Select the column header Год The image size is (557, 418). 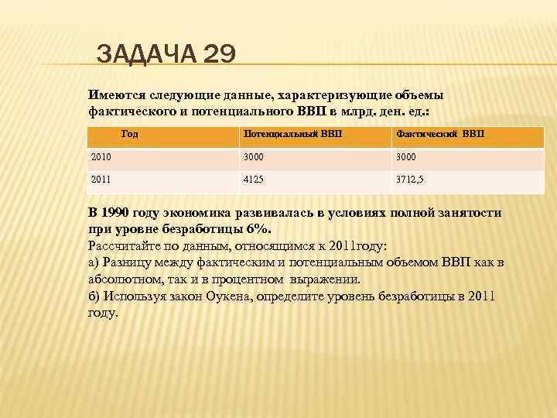[x=130, y=134]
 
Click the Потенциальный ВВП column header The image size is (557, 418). [x=292, y=134]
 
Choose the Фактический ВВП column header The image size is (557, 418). [x=440, y=134]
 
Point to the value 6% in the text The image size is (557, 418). [x=259, y=230]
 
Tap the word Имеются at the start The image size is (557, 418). [x=115, y=94]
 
